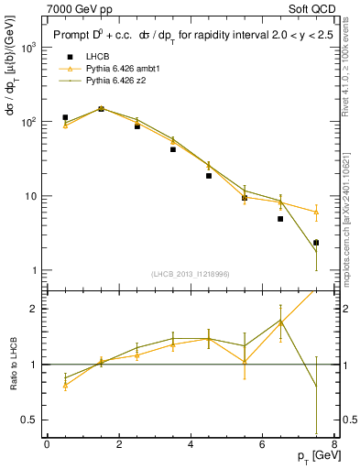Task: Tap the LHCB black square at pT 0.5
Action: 65,117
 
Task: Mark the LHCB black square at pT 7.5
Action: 316,243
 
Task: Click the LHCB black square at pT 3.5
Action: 173,149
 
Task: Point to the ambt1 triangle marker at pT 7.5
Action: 316,212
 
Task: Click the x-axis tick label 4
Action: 191,444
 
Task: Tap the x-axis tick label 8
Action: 333,444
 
